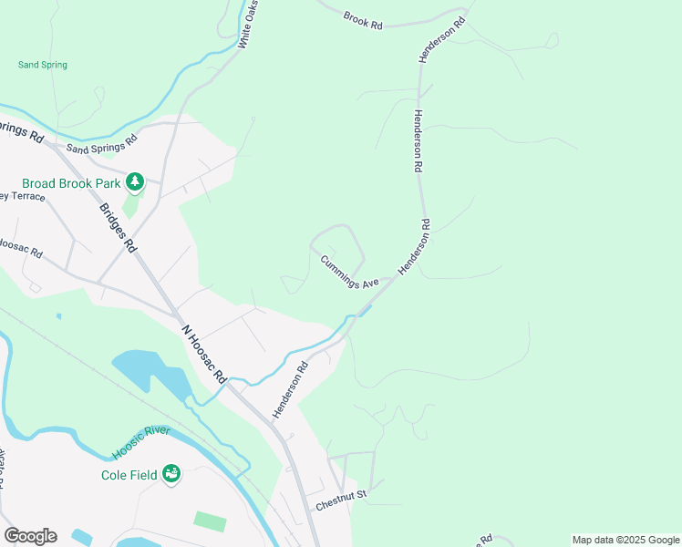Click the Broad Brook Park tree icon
pos(135,182)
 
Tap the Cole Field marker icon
pos(170,473)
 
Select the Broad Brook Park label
pos(63,182)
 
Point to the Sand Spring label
pos(43,65)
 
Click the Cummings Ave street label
pos(349,272)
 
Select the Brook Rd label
pos(363,19)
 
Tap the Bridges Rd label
pos(119,228)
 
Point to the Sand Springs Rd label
pos(100,143)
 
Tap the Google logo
pos(30,536)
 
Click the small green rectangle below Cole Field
pos(210,521)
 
